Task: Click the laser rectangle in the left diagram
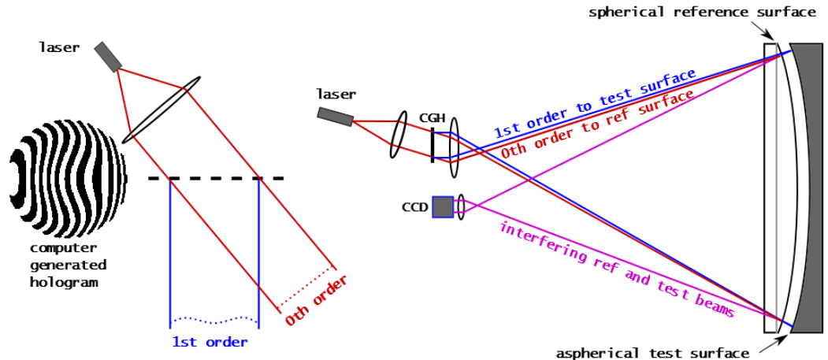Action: [x=108, y=57]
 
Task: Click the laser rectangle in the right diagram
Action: [x=336, y=117]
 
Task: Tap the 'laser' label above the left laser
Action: [x=59, y=47]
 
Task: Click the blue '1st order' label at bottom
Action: [x=210, y=342]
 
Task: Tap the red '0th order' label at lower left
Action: [x=316, y=300]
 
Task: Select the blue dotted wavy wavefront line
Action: [x=213, y=319]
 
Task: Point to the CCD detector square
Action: [x=443, y=206]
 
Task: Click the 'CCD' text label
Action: [x=414, y=207]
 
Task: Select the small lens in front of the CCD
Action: [x=461, y=207]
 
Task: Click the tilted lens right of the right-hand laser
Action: [x=399, y=134]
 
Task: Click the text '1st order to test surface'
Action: [x=595, y=103]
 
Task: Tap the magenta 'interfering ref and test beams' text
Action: [x=616, y=270]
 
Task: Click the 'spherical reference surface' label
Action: [x=702, y=12]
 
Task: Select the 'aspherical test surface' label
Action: [x=652, y=353]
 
